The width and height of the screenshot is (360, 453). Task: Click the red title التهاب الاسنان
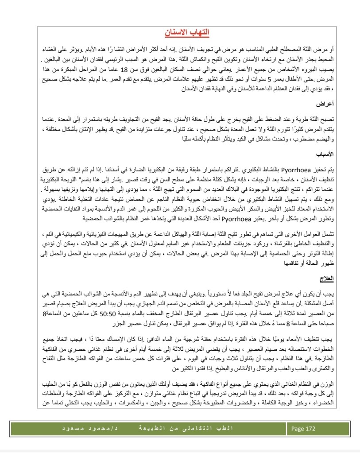pyautogui.click(x=190, y=33)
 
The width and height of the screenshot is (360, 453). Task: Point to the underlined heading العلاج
pyautogui.click(x=328, y=278)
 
